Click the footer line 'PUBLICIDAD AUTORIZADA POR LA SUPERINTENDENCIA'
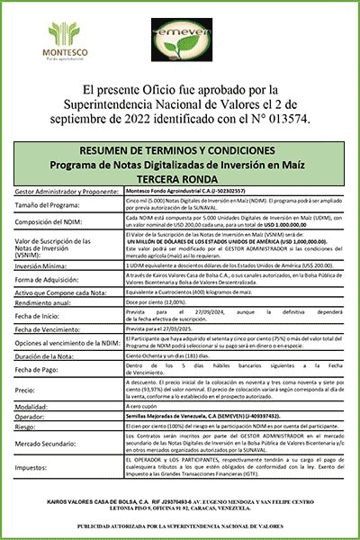[x=180, y=525]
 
